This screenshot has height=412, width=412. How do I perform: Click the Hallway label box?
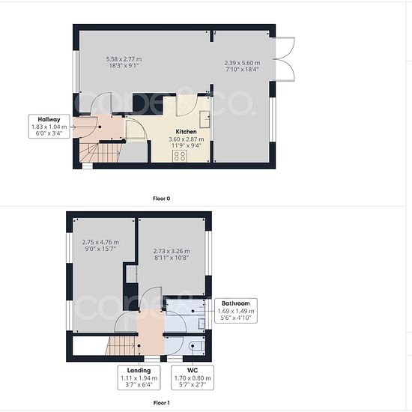(x=49, y=127)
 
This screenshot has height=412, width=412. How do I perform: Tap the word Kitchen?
(x=186, y=132)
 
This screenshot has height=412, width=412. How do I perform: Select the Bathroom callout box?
(x=236, y=311)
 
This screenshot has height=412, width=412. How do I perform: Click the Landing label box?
(x=139, y=378)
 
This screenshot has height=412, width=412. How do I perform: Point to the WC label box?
(x=193, y=378)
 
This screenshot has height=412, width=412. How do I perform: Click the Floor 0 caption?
(x=161, y=199)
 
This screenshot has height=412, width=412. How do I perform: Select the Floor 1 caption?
(x=161, y=402)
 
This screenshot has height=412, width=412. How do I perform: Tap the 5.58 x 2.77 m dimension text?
(x=124, y=59)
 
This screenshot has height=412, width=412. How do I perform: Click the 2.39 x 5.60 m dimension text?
(x=242, y=63)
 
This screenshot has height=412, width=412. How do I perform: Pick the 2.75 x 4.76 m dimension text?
(x=100, y=242)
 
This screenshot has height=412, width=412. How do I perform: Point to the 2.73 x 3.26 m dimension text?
(x=172, y=251)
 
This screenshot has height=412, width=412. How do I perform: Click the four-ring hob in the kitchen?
(x=180, y=156)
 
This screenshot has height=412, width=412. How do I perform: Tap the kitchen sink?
(x=205, y=119)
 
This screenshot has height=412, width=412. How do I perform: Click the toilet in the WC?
(x=197, y=346)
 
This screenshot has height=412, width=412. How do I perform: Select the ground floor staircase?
(x=100, y=152)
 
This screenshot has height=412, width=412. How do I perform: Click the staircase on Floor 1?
(x=121, y=346)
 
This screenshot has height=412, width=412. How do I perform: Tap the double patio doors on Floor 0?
(x=285, y=59)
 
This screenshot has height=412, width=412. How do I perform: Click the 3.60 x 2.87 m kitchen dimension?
(x=186, y=139)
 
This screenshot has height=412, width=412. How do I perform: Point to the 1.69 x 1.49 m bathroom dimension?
(x=236, y=311)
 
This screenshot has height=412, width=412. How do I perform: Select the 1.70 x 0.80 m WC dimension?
(x=193, y=378)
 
